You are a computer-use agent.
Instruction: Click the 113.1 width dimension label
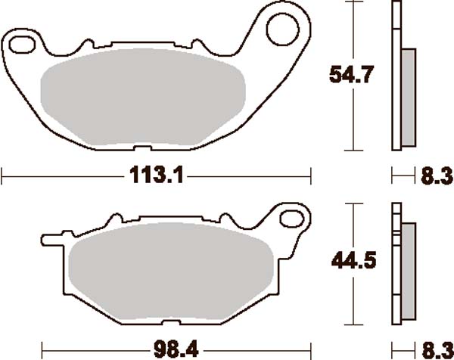pos(157,175)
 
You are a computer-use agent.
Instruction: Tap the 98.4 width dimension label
pos(176,349)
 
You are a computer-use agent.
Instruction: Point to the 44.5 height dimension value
pos(353,260)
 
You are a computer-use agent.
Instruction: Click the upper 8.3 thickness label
pos(437,175)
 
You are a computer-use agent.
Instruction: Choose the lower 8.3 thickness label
pos(437,350)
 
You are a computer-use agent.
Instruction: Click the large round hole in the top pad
pos(282,29)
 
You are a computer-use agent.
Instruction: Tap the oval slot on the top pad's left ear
pos(22,45)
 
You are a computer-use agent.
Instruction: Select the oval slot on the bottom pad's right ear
pos(292,219)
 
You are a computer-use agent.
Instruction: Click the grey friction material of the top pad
pos(143,97)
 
